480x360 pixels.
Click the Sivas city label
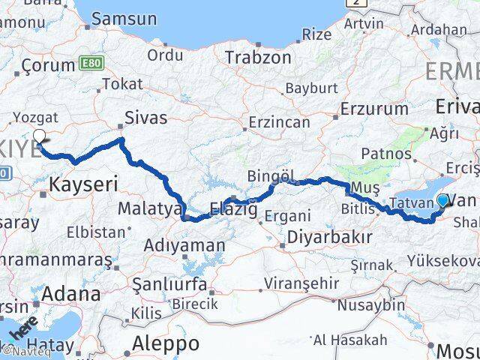(145, 118)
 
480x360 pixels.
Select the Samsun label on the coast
(124, 19)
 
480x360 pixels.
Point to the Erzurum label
(374, 108)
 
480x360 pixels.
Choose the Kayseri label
(84, 183)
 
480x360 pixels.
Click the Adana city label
(72, 293)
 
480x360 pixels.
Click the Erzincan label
(280, 121)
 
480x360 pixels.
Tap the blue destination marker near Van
(442, 200)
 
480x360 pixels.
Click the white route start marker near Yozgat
(40, 136)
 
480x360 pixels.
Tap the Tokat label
(122, 84)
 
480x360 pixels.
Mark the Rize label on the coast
(316, 34)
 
